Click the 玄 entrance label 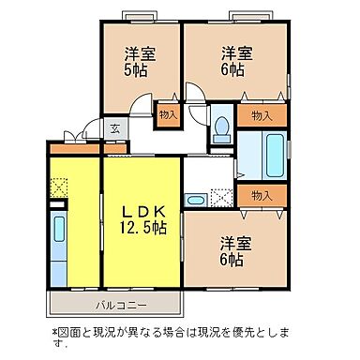[113, 129]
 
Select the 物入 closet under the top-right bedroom [262, 114]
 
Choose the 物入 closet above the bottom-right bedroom [262, 195]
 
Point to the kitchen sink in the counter [58, 230]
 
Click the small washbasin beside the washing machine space [195, 197]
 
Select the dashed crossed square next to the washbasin [221, 197]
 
